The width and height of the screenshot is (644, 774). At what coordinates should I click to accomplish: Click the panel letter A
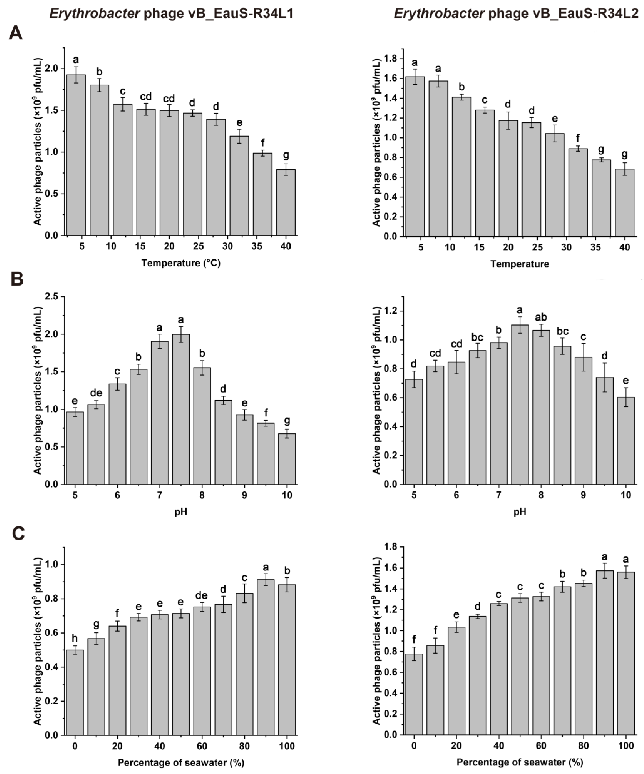tap(15, 33)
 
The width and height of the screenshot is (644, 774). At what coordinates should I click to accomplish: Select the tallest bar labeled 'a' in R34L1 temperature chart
tap(76, 155)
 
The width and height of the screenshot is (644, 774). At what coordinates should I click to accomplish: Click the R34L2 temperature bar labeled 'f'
tap(578, 192)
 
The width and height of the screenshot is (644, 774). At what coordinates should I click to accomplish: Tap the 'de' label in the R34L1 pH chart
tap(96, 393)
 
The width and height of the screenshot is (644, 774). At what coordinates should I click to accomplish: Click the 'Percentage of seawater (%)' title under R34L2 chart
tap(519, 762)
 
